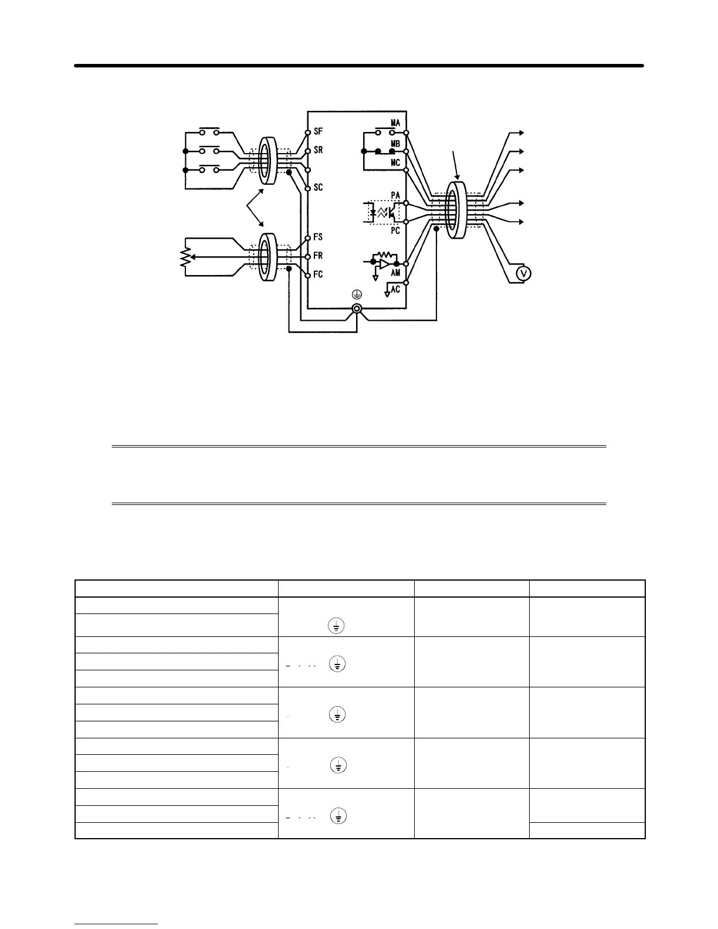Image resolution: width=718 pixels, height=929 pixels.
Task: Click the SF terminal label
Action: tap(319, 132)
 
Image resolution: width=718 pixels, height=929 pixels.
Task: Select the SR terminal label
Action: tap(319, 150)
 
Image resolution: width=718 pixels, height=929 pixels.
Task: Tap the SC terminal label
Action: tap(319, 188)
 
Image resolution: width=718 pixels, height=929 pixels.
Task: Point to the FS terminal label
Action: tap(319, 237)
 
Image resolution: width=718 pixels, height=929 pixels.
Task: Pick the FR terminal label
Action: tap(319, 256)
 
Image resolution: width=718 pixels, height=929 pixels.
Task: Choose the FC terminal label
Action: tap(319, 274)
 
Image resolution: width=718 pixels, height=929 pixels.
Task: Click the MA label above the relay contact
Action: tap(395, 123)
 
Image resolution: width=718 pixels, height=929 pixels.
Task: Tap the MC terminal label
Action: tap(395, 162)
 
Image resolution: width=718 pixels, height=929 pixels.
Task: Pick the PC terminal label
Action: tap(395, 231)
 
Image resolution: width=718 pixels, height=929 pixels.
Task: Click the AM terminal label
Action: tap(396, 273)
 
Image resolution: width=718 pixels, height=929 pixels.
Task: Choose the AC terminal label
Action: tap(396, 289)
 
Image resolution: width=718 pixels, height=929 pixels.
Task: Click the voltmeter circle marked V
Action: tap(523, 273)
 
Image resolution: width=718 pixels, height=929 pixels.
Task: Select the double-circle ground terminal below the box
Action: tap(356, 309)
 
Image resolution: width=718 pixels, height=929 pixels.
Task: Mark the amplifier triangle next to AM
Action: tap(384, 265)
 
